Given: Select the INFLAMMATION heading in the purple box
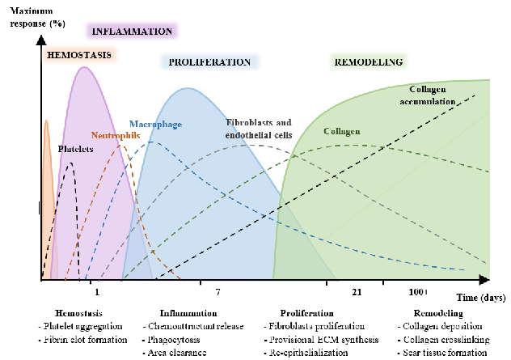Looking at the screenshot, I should coord(133,32).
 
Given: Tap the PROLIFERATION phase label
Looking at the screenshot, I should coord(209,61).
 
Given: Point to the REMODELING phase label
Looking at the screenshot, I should coord(369,61).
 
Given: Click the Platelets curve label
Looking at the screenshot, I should coord(75,150).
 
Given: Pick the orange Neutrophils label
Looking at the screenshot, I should coord(116,135).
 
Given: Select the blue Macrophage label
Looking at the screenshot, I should coord(156,124).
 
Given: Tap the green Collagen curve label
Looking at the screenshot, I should coord(341,131).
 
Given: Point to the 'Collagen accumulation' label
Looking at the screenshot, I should coord(433,95).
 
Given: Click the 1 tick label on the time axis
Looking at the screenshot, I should coord(97,291).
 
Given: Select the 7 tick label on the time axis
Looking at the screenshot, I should coord(217,291).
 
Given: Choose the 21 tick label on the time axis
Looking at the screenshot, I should coord(357,291).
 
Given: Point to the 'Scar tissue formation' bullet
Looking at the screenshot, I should coord(444,353).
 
